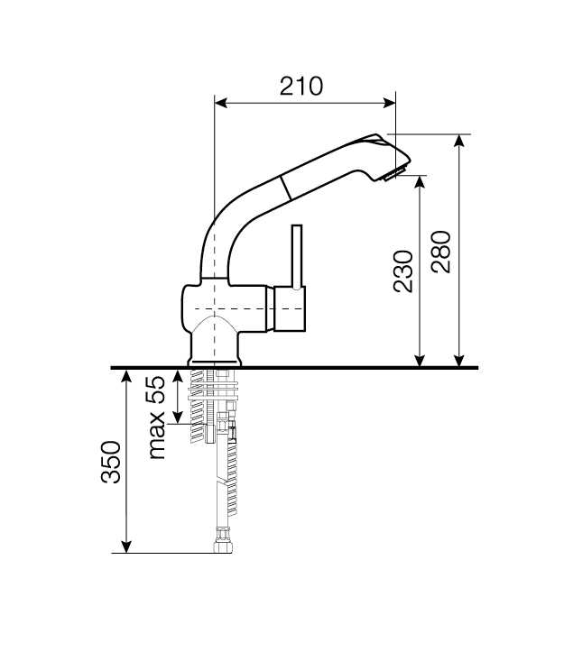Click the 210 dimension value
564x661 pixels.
pyautogui.click(x=301, y=86)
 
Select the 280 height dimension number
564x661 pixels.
pyautogui.click(x=441, y=252)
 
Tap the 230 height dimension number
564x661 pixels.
pyautogui.click(x=402, y=271)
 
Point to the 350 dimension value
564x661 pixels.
pyautogui.click(x=110, y=462)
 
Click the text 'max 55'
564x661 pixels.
pyautogui.click(x=156, y=418)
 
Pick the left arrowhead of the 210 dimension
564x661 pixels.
pyautogui.click(x=221, y=103)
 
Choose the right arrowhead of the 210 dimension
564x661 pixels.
pyautogui.click(x=389, y=103)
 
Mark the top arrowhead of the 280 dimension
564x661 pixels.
pyautogui.click(x=459, y=141)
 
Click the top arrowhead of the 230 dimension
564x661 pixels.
pyautogui.click(x=420, y=181)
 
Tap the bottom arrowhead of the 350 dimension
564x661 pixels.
pyautogui.click(x=126, y=546)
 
